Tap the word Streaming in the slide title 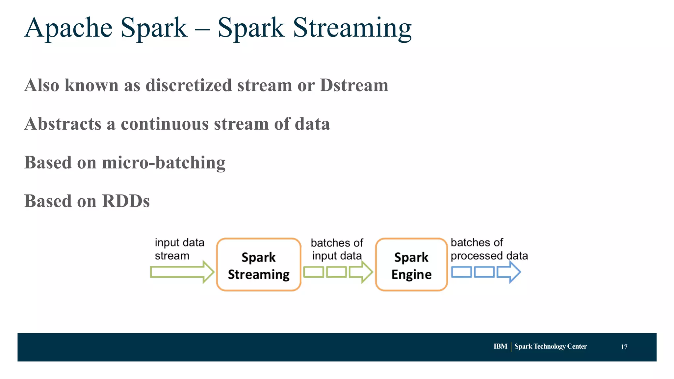[352, 28]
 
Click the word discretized [189, 85]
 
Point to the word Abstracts [63, 124]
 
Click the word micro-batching [164, 163]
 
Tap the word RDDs [126, 201]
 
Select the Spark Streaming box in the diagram [259, 265]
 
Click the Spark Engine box [411, 265]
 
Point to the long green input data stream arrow [181, 272]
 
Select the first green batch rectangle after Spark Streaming [313, 272]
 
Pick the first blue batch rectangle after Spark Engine [461, 272]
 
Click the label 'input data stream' [179, 249]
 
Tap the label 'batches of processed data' [489, 249]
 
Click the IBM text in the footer [500, 346]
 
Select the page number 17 [624, 347]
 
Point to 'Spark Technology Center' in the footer [551, 346]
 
